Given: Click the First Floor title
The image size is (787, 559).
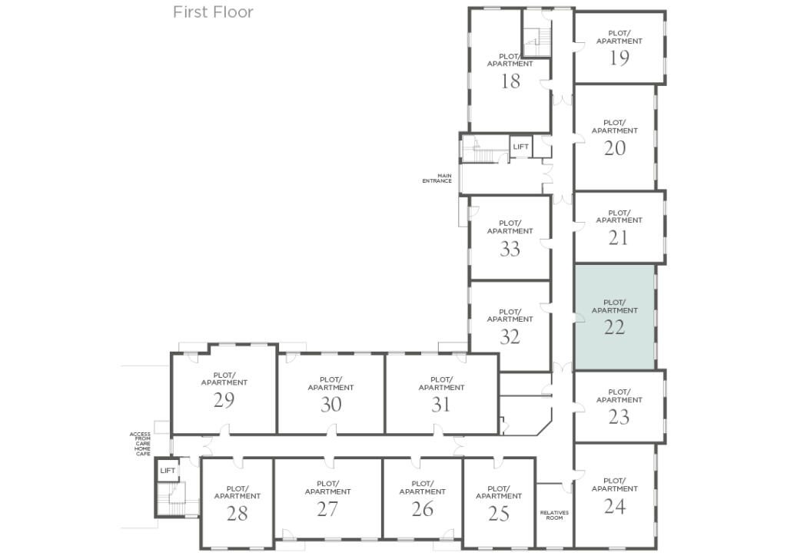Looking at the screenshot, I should pyautogui.click(x=213, y=12).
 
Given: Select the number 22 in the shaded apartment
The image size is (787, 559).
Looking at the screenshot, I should pyautogui.click(x=614, y=327).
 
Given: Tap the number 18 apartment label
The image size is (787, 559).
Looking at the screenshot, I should pyautogui.click(x=510, y=81).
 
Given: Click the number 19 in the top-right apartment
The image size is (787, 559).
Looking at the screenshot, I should pyautogui.click(x=619, y=58).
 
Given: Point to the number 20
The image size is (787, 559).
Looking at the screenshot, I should pyautogui.click(x=614, y=148).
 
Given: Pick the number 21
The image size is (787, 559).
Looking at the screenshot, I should pyautogui.click(x=619, y=238).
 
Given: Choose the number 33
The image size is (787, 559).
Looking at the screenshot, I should pyautogui.click(x=510, y=249).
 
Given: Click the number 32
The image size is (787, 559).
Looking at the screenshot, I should pyautogui.click(x=510, y=337).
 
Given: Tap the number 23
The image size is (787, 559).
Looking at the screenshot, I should pyautogui.click(x=619, y=417).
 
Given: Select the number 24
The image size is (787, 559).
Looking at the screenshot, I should pyautogui.click(x=614, y=506).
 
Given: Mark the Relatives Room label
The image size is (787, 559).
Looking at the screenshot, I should pyautogui.click(x=554, y=515).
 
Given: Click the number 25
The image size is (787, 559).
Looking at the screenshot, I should pyautogui.click(x=499, y=513).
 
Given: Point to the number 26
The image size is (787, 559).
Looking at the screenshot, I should pyautogui.click(x=422, y=509).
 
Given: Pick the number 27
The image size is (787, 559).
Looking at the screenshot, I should pyautogui.click(x=327, y=509).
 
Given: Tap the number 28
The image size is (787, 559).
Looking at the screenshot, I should pyautogui.click(x=237, y=513).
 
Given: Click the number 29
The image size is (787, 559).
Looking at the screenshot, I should pyautogui.click(x=224, y=400).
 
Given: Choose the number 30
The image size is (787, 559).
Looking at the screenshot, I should pyautogui.click(x=330, y=405).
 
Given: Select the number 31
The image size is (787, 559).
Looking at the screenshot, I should pyautogui.click(x=441, y=405).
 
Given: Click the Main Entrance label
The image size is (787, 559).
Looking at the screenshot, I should pyautogui.click(x=437, y=178).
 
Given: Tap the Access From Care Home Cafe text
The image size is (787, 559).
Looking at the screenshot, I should pyautogui.click(x=140, y=444).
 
